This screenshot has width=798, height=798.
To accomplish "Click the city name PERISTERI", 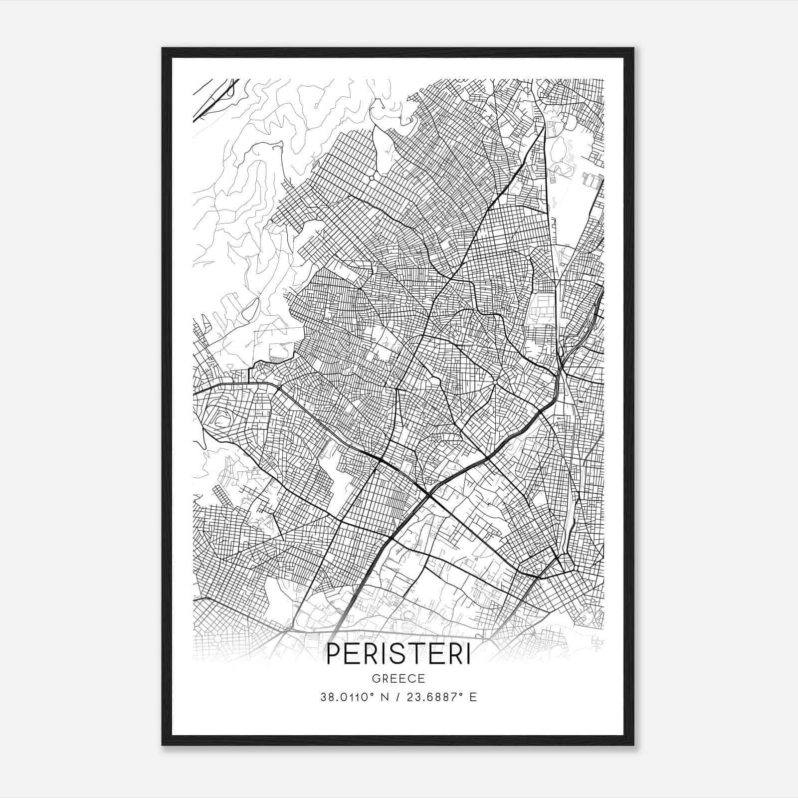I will coord(398,655).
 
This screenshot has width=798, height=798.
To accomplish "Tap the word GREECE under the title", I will coord(398,679).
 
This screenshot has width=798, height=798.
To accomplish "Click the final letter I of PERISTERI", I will coord(467,655).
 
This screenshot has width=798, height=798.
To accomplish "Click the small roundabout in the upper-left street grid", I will coord(371,178).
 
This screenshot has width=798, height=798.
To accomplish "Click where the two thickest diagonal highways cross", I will coord(429,493).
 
